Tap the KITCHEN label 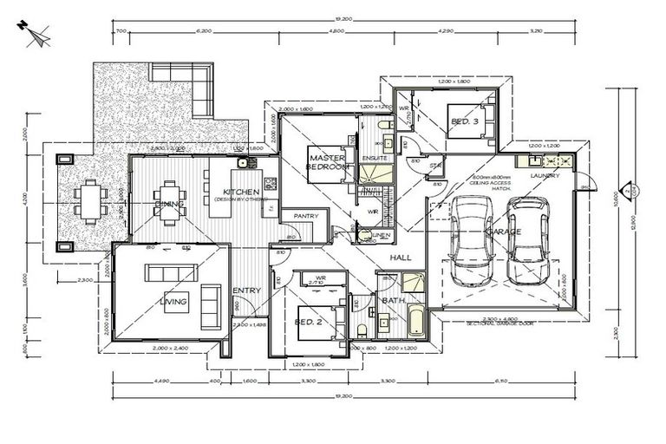click(238, 192)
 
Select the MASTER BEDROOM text click(328, 161)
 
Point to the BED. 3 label click(466, 123)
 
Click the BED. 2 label click(309, 322)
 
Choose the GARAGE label click(504, 232)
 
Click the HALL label click(401, 258)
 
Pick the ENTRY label click(247, 291)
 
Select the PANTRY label click(305, 216)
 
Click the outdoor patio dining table click(89, 200)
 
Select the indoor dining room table click(169, 201)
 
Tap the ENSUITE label click(375, 159)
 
